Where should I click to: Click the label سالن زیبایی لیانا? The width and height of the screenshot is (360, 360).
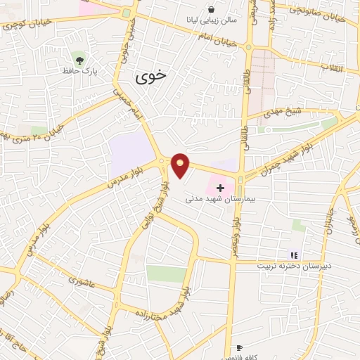212,21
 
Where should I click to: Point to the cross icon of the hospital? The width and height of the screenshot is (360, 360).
221,188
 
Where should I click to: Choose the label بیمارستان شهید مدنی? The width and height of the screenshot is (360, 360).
209,200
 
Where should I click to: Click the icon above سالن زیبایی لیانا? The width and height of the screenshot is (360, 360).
212,9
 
